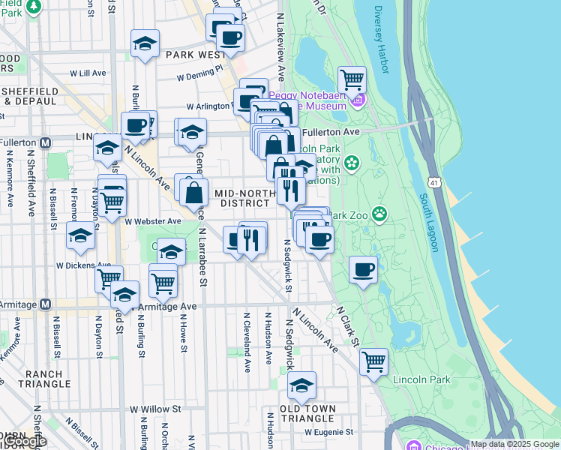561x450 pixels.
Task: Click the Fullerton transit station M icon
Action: click(46, 142)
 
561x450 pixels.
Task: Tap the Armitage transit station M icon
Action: click(45, 304)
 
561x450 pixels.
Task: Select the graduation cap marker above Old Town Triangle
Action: click(301, 385)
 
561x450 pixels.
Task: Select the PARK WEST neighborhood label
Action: click(196, 55)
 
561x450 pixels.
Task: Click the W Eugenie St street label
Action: click(328, 432)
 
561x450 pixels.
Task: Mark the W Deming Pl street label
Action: click(200, 76)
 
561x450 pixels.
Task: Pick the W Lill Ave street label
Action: click(88, 73)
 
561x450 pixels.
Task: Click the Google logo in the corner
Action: click(25, 440)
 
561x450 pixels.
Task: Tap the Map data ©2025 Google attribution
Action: click(514, 444)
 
